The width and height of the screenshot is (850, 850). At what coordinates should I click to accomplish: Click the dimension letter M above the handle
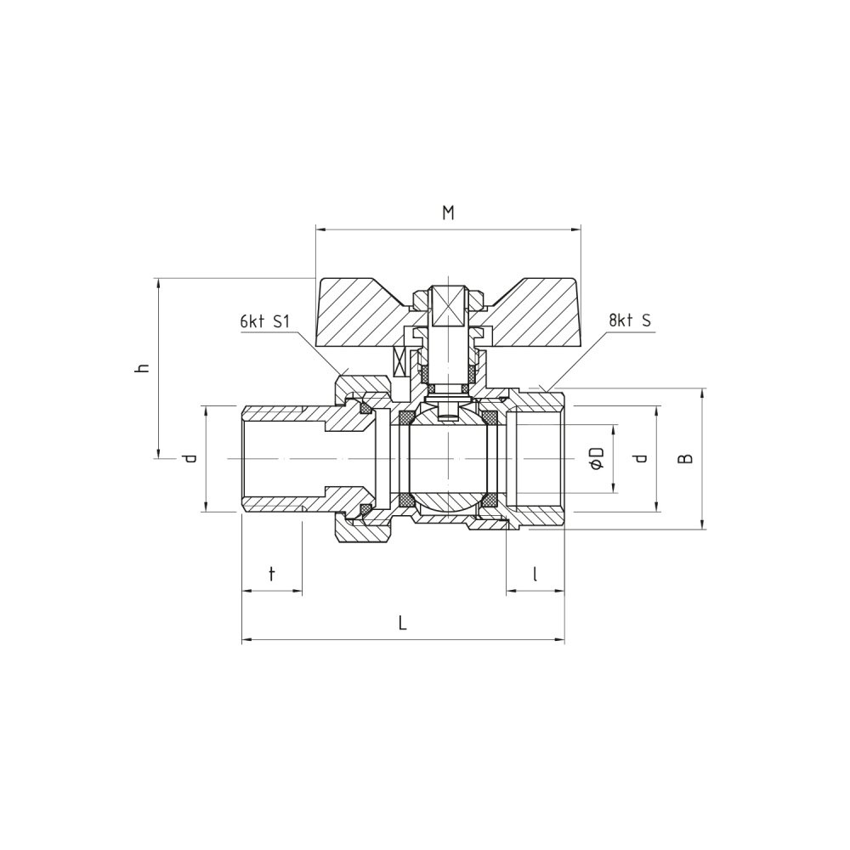pos(448,213)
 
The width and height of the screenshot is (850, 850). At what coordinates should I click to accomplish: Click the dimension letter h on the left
pos(143,368)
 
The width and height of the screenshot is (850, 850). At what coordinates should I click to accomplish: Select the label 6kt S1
pos(265,322)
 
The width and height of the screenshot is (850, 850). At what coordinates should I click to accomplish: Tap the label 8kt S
pos(630,320)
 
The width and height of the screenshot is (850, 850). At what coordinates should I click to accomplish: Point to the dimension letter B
pos(686,459)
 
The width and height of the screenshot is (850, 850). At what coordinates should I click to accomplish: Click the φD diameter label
pos(597,459)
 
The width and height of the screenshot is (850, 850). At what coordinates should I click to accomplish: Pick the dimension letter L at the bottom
pos(402,623)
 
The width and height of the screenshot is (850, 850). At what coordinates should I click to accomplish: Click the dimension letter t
pos(272,573)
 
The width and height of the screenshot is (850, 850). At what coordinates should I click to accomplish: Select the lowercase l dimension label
pos(535,573)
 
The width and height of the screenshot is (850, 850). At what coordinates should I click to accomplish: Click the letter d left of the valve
pos(190,459)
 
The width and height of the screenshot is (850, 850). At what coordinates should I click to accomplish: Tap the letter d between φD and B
pos(642,459)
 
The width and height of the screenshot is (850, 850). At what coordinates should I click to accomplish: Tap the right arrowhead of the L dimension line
pos(559,640)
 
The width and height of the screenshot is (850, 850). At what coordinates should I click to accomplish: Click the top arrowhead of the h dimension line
pos(158,284)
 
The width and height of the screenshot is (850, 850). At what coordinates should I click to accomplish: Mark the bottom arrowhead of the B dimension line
pos(703,523)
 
